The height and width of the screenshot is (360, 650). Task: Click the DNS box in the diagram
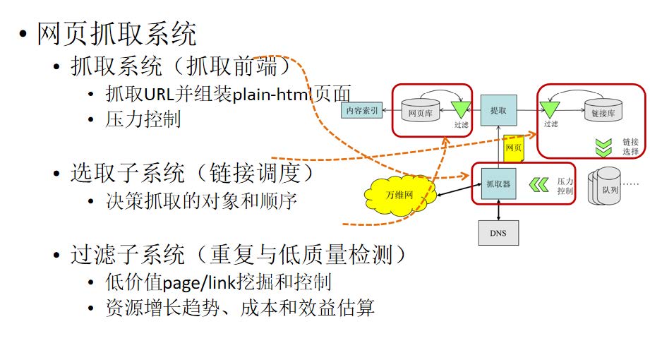pyautogui.click(x=498, y=232)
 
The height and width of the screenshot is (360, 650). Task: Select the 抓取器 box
pyautogui.click(x=498, y=184)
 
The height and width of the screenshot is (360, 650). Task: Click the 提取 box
pyautogui.click(x=498, y=111)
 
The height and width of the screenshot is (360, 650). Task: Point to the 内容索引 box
pyautogui.click(x=361, y=111)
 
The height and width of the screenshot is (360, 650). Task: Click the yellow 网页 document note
pyautogui.click(x=513, y=148)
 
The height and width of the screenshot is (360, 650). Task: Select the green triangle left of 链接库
pyautogui.click(x=549, y=109)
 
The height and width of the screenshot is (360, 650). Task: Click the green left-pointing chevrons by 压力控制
pyautogui.click(x=539, y=185)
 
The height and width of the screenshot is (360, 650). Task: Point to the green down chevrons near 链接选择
pyautogui.click(x=602, y=147)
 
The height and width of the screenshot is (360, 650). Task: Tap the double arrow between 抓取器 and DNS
pyautogui.click(x=499, y=210)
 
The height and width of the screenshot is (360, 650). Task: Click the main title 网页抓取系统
pyautogui.click(x=117, y=34)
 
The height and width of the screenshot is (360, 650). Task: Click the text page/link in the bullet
pyautogui.click(x=195, y=283)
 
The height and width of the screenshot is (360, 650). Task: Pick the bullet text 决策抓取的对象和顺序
pyautogui.click(x=201, y=201)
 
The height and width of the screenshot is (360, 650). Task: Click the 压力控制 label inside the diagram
pyautogui.click(x=565, y=186)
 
